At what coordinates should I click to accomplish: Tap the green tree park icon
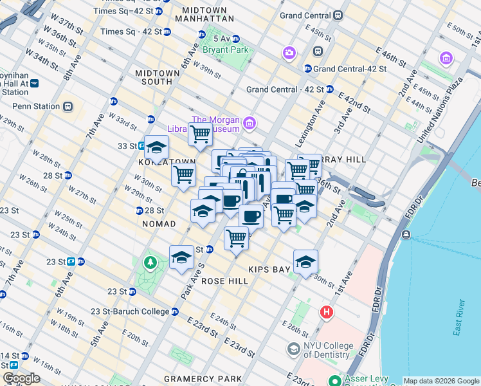pyautogui.click(x=150, y=262)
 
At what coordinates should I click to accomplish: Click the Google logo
pyautogui.click(x=21, y=378)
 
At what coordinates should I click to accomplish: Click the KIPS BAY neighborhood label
pyautogui.click(x=266, y=270)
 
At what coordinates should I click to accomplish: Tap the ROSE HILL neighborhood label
pyautogui.click(x=224, y=281)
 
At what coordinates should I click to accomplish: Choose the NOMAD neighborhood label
pyautogui.click(x=156, y=224)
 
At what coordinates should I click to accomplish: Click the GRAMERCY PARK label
pyautogui.click(x=203, y=378)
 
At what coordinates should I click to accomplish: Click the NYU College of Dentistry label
pyautogui.click(x=329, y=351)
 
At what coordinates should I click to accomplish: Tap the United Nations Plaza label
pyautogui.click(x=440, y=110)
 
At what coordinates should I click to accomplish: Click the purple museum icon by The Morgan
pyautogui.click(x=249, y=122)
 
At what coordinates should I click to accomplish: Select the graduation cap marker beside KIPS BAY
pyautogui.click(x=305, y=261)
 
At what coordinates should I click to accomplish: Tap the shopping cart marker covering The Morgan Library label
pyautogui.click(x=200, y=134)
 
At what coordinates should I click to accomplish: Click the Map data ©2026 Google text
pyautogui.click(x=440, y=381)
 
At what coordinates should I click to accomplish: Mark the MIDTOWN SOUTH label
pyautogui.click(x=158, y=78)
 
